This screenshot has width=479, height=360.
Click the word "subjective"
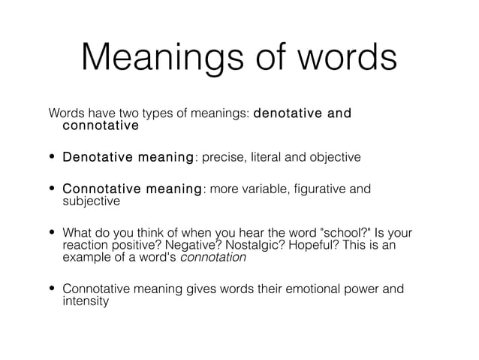(x=91, y=201)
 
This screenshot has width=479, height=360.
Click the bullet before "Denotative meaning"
(x=53, y=158)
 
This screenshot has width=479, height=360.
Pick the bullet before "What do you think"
(x=53, y=232)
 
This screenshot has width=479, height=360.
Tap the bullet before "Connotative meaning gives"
(x=53, y=289)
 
